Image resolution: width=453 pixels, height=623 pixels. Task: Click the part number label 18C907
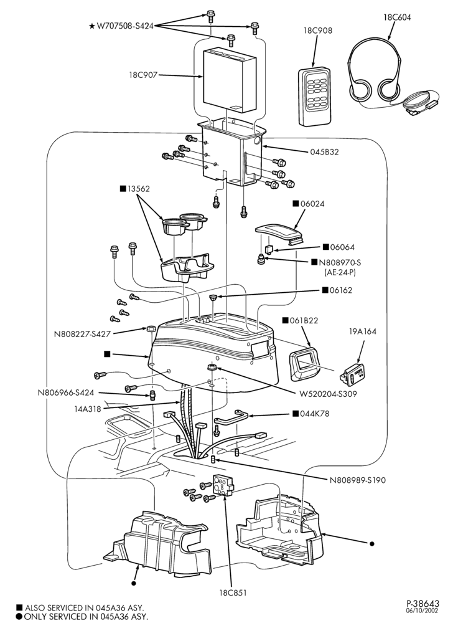pyautogui.click(x=142, y=74)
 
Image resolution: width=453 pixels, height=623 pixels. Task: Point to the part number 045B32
pyautogui.click(x=324, y=152)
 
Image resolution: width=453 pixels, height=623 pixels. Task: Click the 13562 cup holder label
pyautogui.click(x=138, y=189)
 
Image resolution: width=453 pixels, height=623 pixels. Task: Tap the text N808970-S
pyautogui.click(x=337, y=263)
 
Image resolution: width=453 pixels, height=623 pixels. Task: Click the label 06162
pyautogui.click(x=341, y=290)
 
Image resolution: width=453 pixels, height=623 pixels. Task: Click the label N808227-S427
pyautogui.click(x=82, y=334)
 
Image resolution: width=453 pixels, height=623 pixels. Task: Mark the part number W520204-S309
pyautogui.click(x=328, y=394)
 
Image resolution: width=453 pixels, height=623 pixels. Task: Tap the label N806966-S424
pyautogui.click(x=66, y=392)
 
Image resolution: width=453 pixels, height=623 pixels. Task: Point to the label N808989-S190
pyautogui.click(x=357, y=480)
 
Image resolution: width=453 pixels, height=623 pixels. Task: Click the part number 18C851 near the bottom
pyautogui.click(x=233, y=592)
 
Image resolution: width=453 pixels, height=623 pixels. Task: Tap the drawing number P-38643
pyautogui.click(x=423, y=604)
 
